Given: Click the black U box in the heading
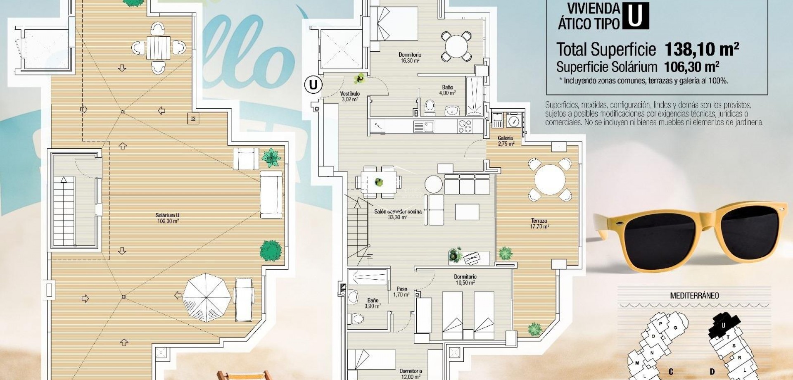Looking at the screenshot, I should [x=635, y=16].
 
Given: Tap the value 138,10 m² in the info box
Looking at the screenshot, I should [x=701, y=50].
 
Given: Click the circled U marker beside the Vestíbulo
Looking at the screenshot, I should [x=313, y=85].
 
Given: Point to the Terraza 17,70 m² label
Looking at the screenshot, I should [x=539, y=224].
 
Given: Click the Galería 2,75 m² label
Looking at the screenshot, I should [x=506, y=141].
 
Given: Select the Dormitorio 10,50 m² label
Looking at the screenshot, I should [x=465, y=280].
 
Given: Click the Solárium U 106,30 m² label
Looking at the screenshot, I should [x=167, y=218].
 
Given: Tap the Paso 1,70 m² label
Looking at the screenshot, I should [x=401, y=292].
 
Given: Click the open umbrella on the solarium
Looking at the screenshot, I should [x=207, y=295].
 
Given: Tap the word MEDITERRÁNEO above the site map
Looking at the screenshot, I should [x=694, y=296].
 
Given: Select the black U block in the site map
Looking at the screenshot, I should [x=723, y=325].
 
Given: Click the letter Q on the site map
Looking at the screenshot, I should [x=676, y=328].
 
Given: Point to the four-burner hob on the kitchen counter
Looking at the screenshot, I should [x=465, y=126].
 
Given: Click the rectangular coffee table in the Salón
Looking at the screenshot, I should [x=467, y=212].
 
